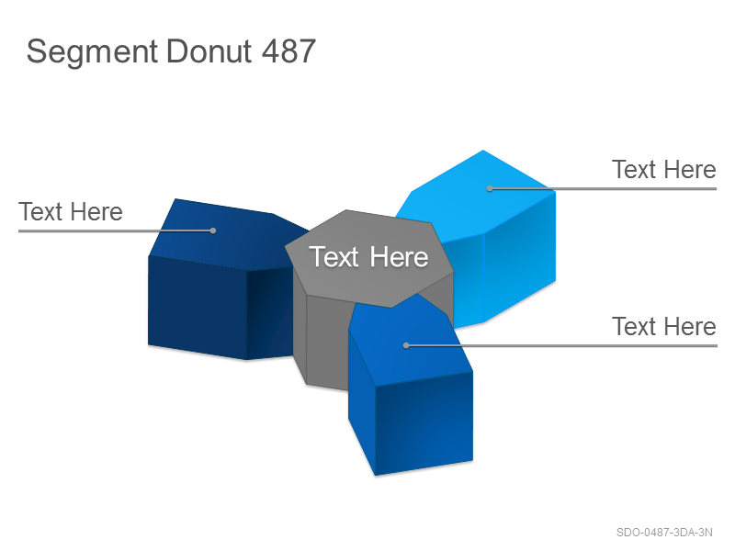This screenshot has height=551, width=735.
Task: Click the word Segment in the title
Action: [92, 52]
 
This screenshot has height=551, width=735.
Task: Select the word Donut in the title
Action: [209, 51]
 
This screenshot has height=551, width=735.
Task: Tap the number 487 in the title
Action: [288, 51]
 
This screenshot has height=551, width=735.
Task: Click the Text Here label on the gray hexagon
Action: [368, 257]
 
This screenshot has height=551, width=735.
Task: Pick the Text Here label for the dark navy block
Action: [71, 211]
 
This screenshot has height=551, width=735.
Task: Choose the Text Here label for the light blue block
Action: [663, 169]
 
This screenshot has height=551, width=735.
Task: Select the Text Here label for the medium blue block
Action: [663, 326]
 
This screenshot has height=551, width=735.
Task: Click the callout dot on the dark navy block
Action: [213, 231]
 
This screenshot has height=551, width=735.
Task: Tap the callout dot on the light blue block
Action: [490, 189]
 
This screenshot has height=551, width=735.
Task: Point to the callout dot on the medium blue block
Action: [406, 346]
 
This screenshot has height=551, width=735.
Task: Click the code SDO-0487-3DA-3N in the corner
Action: [664, 533]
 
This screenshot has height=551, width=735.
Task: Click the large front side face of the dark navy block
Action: [198, 307]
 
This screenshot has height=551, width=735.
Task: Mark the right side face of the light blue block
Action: [519, 257]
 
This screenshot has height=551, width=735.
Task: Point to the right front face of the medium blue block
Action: [424, 423]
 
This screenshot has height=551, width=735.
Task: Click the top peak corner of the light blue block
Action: [483, 150]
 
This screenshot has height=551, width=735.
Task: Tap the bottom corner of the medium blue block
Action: [376, 476]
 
